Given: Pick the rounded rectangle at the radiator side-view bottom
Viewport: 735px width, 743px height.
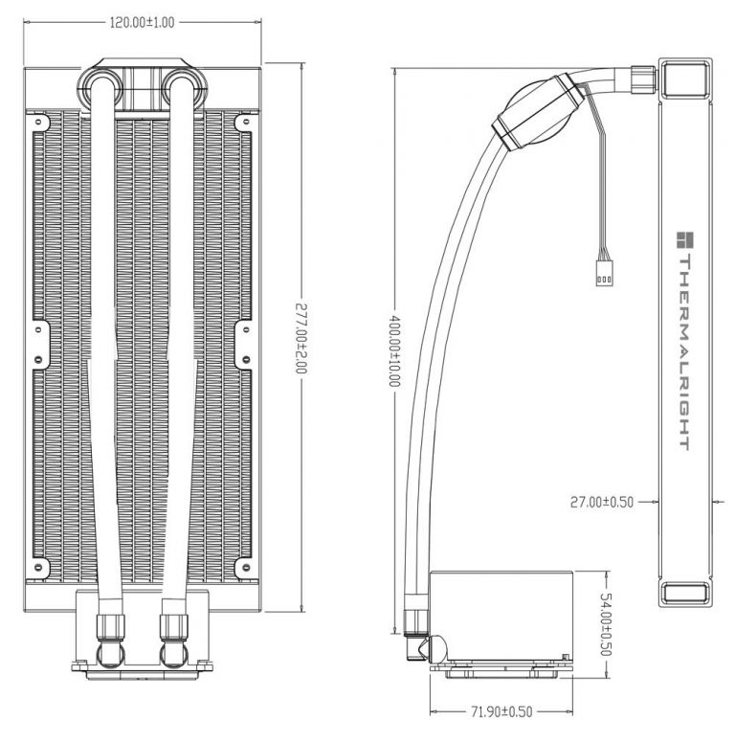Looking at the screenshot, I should tap(686, 594).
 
